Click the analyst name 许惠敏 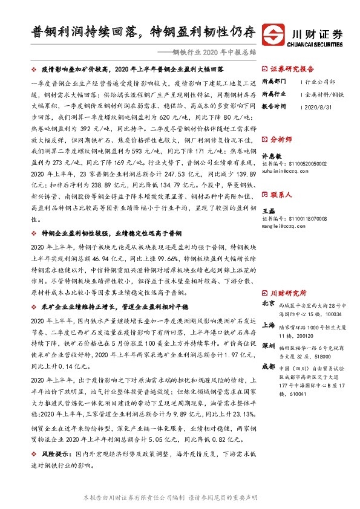point(269,156)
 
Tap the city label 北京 point(268,303)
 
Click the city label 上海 point(268,325)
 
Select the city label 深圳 point(268,346)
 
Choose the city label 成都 point(268,367)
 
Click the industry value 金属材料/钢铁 point(324,94)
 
